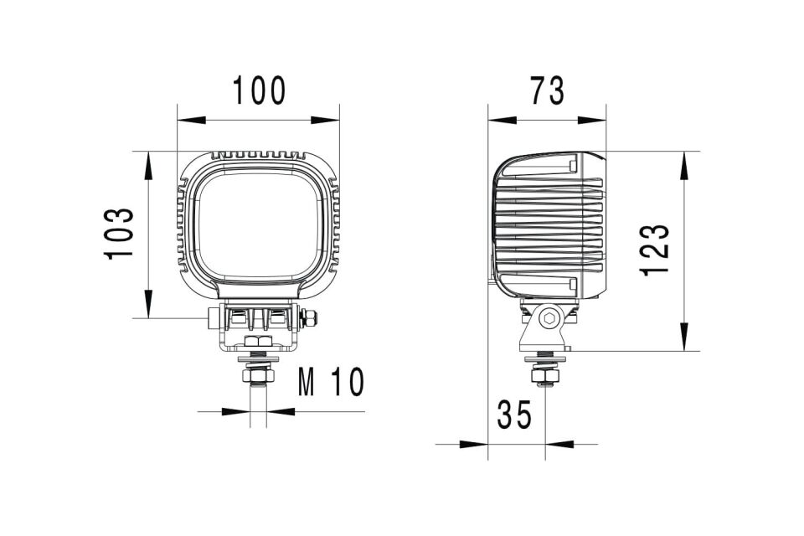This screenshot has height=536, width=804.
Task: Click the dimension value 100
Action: (x=259, y=90)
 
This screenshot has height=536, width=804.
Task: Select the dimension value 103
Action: (x=120, y=234)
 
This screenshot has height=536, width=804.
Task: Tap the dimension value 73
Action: (x=547, y=90)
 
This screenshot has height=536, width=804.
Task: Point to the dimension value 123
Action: (x=655, y=250)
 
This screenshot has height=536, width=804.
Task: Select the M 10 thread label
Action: (x=332, y=383)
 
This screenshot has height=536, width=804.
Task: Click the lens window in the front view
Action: (x=260, y=226)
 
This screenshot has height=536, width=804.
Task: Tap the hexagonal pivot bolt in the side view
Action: (x=549, y=318)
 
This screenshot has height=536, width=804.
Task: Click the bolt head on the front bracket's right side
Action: (x=309, y=317)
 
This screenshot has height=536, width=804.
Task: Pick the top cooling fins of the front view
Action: (x=258, y=156)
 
